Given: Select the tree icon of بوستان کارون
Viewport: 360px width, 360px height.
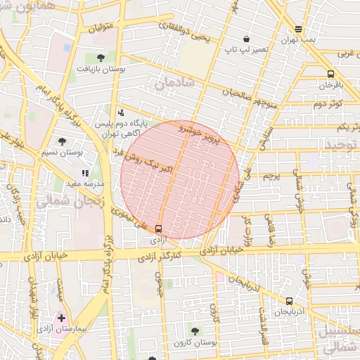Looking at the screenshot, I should click(194, 331).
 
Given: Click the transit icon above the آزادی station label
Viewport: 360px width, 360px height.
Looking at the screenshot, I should click(157, 228).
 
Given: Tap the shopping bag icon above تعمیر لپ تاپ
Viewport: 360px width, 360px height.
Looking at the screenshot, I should click(246, 39).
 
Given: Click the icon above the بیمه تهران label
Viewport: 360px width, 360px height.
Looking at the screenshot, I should click(299, 29).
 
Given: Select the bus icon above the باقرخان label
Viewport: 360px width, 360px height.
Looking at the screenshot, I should click(330, 74).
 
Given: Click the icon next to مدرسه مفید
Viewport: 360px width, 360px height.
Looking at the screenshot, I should click(85, 173).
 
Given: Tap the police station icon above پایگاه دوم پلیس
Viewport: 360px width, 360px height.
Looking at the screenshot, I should click(121, 112).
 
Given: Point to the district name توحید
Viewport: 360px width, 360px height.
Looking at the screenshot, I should click(342, 144).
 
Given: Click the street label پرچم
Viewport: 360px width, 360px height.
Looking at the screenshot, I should click(271, 176).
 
